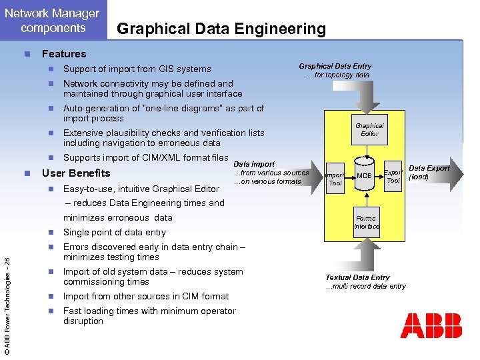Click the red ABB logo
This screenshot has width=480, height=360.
click(431, 325)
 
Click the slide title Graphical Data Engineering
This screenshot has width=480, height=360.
click(221, 29)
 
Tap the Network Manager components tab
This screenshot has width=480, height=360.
click(52, 20)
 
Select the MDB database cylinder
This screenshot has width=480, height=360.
click(364, 175)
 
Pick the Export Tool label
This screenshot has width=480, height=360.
click(393, 176)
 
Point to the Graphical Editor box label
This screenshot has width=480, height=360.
click(369, 129)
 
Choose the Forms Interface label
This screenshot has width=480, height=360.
click(366, 222)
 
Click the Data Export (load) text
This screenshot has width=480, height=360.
click(429, 173)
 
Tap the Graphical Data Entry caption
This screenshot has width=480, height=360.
click(335, 66)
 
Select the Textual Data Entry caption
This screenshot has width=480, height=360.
click(357, 277)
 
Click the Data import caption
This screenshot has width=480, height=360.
click(253, 164)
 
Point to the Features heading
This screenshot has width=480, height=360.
click(64, 54)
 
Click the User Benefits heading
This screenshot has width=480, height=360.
click(76, 173)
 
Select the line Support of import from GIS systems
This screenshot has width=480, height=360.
click(137, 69)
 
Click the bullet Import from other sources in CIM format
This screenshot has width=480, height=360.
click(145, 296)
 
